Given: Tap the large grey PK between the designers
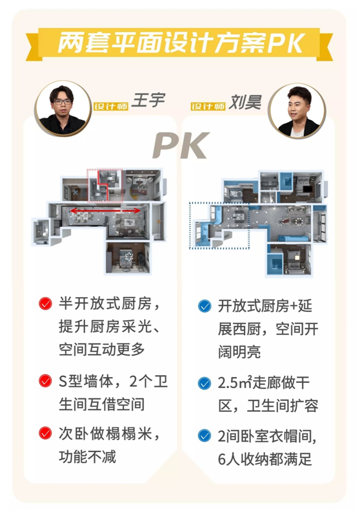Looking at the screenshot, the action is tap(181, 145).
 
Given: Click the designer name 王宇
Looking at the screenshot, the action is tap(148, 100).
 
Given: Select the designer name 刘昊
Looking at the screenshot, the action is tap(245, 102).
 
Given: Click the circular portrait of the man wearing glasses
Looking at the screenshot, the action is tap(63, 108).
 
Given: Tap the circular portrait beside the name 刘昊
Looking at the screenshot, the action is tap(296, 110).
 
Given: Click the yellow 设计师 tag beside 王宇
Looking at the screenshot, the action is tap(111, 106).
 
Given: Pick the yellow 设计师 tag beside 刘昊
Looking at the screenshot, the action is tap(208, 106).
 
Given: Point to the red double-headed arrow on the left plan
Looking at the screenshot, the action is tap(106, 211).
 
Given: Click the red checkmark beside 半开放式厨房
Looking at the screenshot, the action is tap(45, 303).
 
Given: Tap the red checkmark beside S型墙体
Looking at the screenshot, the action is tap(45, 381).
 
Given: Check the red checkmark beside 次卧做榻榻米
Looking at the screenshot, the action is tap(45, 433).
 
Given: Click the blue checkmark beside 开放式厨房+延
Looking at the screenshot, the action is tap(205, 306).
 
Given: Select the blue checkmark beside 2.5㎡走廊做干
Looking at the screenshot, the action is tap(205, 384).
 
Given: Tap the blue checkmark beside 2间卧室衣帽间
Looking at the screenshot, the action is tap(205, 436).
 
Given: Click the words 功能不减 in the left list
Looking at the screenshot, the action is tap(88, 457).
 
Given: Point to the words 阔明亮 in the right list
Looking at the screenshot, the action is tap(239, 352).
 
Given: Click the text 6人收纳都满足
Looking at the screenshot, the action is tap(265, 459).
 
